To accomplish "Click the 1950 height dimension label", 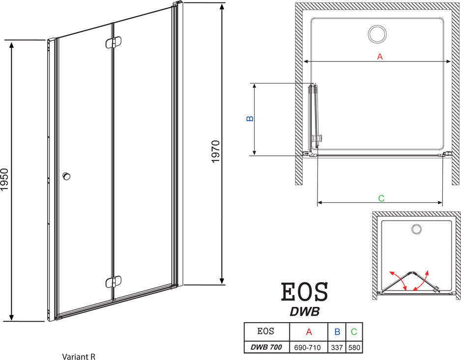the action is point(5,179).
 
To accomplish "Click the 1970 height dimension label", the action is point(215,152).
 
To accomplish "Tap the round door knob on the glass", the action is point(66,176).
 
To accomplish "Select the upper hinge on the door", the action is point(113,42).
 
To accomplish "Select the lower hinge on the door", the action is point(113,282).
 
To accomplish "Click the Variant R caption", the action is point(79,357).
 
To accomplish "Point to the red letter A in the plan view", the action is point(380,56).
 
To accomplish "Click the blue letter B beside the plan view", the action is point(250,118).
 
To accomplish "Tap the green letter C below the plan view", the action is point(381,198).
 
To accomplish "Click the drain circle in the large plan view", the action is point(377,34).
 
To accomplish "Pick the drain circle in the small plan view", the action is point(416,229).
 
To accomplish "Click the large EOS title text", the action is point(304,292).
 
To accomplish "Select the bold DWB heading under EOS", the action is point(305,311).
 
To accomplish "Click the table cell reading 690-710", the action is point(307,348).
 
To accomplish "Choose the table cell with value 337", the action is point(337,348).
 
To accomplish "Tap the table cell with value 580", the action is point(354,348).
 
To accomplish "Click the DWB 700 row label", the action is point(266,347).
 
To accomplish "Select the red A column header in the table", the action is point(309,332).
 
